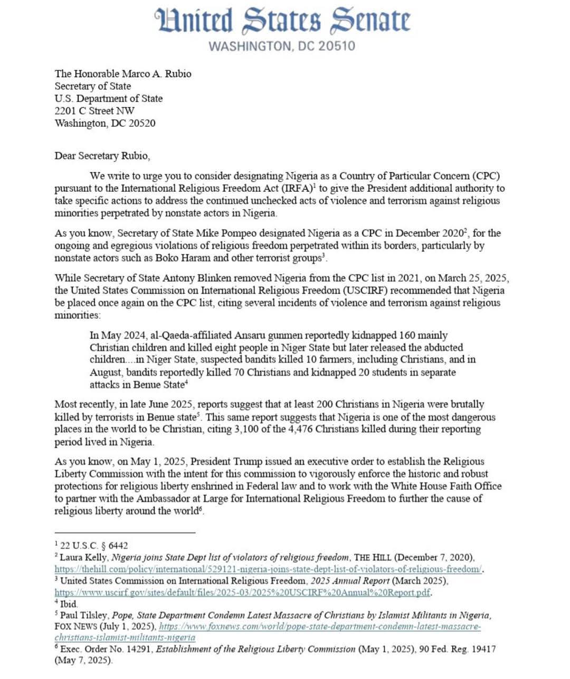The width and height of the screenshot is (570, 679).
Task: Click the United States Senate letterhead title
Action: point(282,21)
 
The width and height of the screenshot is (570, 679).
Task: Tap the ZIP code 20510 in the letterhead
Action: point(336,46)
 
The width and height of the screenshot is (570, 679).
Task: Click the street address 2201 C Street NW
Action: point(94,111)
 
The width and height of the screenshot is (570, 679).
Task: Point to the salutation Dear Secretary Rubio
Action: point(102,156)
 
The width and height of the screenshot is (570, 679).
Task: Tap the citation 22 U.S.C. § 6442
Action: point(94,545)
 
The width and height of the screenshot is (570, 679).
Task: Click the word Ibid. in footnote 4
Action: point(69,604)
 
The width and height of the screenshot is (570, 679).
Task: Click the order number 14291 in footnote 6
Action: point(139,649)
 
